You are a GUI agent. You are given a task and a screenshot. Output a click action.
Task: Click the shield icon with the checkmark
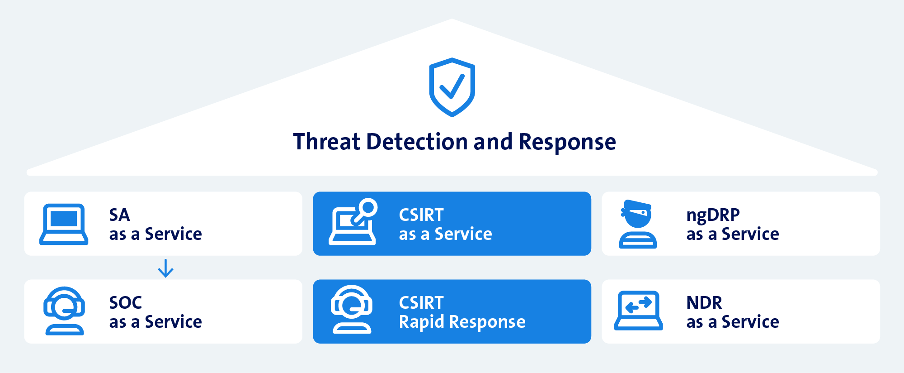pyautogui.click(x=452, y=87)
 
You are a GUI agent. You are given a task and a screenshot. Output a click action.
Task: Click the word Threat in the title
pyautogui.click(x=326, y=142)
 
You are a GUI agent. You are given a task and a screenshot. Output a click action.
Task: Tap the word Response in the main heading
pyautogui.click(x=567, y=142)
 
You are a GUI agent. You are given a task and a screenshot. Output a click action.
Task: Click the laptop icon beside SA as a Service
pyautogui.click(x=64, y=224)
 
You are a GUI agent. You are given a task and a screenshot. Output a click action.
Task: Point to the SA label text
pyautogui.click(x=119, y=215)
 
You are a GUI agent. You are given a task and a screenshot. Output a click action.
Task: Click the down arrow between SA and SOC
pyautogui.click(x=165, y=268)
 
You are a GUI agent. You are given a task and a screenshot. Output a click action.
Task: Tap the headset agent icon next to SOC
pyautogui.click(x=64, y=311)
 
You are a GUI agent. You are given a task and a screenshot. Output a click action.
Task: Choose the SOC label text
pyautogui.click(x=126, y=302)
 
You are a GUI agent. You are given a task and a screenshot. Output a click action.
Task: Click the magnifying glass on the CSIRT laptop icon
pyautogui.click(x=368, y=208)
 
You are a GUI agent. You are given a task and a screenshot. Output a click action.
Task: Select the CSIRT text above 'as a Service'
pyautogui.click(x=421, y=215)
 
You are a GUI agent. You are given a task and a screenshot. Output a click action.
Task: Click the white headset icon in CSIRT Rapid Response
pyautogui.click(x=352, y=310)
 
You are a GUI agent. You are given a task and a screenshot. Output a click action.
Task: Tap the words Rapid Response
pyautogui.click(x=462, y=322)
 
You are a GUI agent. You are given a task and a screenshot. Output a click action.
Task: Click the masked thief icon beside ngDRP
pyautogui.click(x=637, y=224)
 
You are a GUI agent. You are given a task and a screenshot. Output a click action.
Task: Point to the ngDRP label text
pyautogui.click(x=713, y=215)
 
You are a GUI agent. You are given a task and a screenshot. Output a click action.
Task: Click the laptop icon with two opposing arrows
pyautogui.click(x=638, y=311)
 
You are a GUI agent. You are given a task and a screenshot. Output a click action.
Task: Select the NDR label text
pyautogui.click(x=704, y=302)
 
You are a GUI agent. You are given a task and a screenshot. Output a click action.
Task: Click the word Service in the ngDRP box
pyautogui.click(x=750, y=234)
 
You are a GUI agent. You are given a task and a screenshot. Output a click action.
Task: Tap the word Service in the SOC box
pyautogui.click(x=173, y=322)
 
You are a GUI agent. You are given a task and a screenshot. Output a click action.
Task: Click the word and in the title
pyautogui.click(x=493, y=142)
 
